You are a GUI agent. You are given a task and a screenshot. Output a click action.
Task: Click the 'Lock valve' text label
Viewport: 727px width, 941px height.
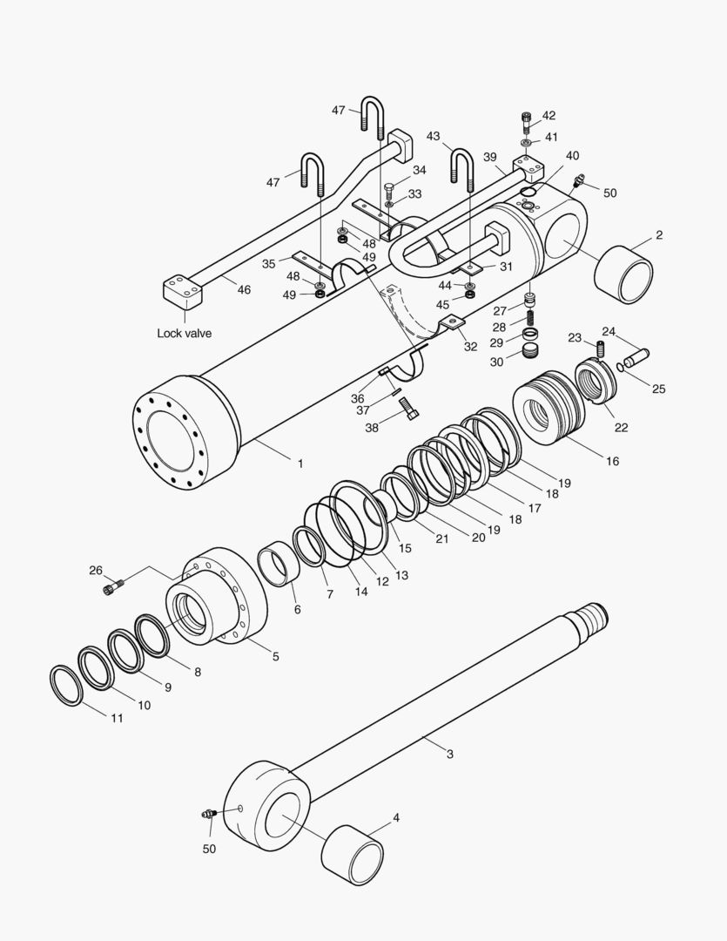(x=184, y=333)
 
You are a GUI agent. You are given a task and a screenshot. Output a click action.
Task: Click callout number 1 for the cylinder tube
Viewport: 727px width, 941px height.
(x=300, y=464)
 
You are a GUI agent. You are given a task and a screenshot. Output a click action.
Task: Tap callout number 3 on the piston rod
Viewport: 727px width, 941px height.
(x=449, y=754)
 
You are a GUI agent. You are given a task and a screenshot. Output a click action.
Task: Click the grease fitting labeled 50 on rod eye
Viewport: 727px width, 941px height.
(x=210, y=815)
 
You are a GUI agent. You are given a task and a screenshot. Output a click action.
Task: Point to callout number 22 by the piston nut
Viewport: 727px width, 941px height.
(x=621, y=427)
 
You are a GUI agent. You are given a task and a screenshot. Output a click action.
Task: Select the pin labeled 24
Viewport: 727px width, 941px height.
(x=636, y=356)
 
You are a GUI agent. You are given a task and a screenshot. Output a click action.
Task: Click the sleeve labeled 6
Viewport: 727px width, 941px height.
(x=281, y=565)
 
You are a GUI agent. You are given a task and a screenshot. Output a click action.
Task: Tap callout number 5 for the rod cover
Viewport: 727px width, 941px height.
(x=275, y=656)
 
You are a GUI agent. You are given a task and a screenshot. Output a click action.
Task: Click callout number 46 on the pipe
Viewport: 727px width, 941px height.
(x=244, y=289)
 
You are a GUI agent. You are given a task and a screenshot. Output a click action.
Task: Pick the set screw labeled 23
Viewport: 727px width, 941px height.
(x=600, y=349)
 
